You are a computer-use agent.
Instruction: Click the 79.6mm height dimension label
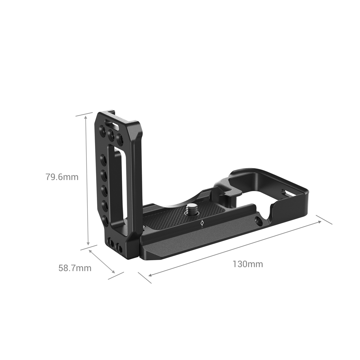62,177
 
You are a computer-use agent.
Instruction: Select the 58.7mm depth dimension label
75,268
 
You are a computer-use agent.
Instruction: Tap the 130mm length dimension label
248,264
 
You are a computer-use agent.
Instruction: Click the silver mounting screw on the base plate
191,209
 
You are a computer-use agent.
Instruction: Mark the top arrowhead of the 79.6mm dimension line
86,117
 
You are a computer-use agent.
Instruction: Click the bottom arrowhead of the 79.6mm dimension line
88,243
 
